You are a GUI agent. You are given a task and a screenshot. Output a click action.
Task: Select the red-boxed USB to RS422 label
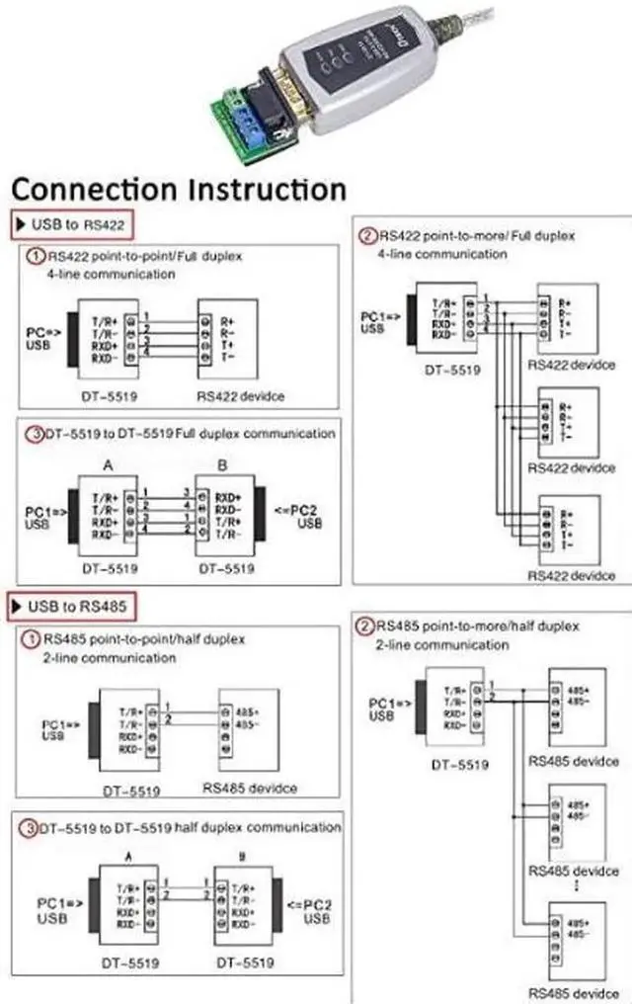coord(71,224)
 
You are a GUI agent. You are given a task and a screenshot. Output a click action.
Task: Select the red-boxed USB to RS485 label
coord(71,604)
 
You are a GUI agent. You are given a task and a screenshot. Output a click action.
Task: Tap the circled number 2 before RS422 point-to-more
coord(367,236)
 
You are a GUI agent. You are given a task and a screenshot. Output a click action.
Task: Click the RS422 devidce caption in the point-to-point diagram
coord(241,395)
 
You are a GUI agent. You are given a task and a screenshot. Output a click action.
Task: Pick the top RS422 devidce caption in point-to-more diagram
coord(571,365)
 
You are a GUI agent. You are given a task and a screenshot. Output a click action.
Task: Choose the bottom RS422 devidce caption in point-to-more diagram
coord(571,575)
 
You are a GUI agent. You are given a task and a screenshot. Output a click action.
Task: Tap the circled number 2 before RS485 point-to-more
coord(365,627)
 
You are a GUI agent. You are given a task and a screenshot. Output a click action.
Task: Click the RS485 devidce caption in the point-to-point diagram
coord(250,788)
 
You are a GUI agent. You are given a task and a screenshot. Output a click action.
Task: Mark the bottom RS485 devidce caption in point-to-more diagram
coord(573,992)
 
